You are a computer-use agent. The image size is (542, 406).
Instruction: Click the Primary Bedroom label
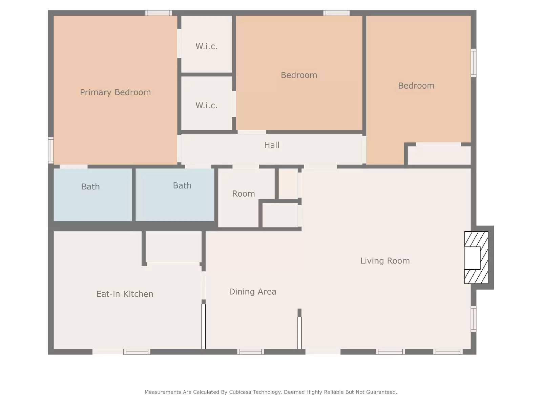click(115, 92)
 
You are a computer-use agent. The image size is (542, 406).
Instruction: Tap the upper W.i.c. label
click(206, 46)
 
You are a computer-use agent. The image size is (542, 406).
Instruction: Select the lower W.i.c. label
click(206, 106)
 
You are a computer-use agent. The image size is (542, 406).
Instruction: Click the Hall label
click(272, 145)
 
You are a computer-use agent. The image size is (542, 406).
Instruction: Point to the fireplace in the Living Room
click(476, 258)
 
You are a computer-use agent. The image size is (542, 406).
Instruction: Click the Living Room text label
click(385, 261)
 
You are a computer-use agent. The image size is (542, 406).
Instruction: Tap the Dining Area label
click(252, 292)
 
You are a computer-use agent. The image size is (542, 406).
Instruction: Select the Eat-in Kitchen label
click(125, 294)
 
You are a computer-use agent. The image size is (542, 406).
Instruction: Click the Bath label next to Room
click(182, 186)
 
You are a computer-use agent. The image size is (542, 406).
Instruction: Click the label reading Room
click(243, 194)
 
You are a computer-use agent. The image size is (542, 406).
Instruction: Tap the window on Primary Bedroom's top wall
click(158, 13)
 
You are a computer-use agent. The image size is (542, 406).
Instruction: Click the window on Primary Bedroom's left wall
click(51, 150)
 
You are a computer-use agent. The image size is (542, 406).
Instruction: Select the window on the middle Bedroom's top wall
click(336, 13)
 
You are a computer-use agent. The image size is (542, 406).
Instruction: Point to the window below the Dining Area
click(250, 352)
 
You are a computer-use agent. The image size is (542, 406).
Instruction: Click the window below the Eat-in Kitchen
click(137, 352)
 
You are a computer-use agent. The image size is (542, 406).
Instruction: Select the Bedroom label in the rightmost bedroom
click(416, 86)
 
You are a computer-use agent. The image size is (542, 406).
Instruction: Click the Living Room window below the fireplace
click(474, 319)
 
